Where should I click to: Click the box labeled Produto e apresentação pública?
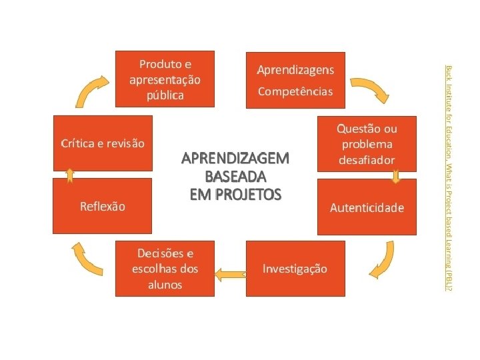pos(165,79)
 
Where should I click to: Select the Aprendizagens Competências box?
pos(295,79)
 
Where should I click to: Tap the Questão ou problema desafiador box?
pos(367,143)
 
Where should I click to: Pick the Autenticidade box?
pos(367,207)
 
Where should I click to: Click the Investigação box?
pos(295,269)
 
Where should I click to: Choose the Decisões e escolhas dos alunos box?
pos(165,269)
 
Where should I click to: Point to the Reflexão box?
pos(102,206)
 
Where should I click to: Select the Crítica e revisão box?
pos(102,143)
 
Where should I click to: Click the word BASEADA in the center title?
pos(236,177)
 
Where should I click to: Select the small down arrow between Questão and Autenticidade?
pos(395,177)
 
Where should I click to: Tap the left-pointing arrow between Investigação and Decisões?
pos(230,272)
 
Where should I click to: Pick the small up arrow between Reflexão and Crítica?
pos(69,175)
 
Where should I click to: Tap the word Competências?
pos(295,91)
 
